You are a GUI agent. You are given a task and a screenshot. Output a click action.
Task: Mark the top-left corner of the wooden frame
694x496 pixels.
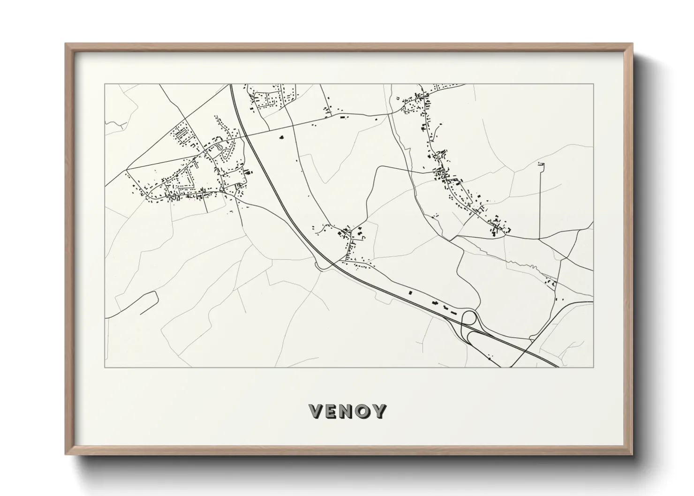66,44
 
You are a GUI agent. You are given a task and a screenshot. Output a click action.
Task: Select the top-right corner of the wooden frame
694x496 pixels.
633,44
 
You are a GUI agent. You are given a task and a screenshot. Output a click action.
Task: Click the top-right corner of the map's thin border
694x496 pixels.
593,84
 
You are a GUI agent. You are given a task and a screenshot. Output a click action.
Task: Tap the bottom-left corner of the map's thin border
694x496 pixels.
105,367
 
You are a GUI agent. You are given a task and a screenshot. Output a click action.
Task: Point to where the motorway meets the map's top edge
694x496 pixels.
231,84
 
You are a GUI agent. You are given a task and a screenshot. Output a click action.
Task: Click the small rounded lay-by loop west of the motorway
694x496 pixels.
322,267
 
